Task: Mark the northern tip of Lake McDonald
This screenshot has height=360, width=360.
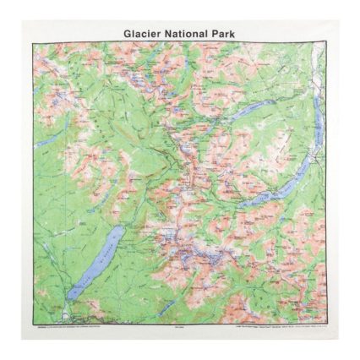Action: tap(121, 227)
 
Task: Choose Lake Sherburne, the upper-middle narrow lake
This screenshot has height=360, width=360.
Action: tap(254, 110)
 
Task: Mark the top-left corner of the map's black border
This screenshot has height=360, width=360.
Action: tap(33, 43)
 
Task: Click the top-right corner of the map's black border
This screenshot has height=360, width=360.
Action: tap(327, 43)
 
